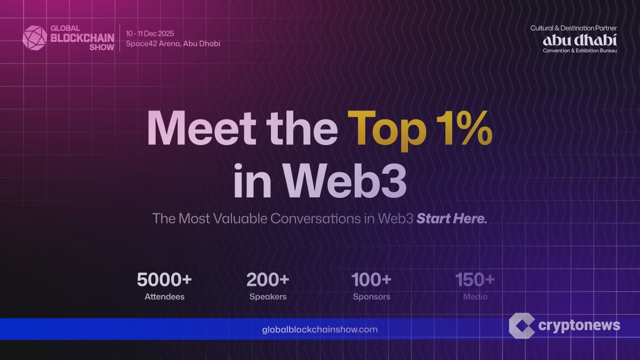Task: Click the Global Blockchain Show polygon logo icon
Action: [35, 38]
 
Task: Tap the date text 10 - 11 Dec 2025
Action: [150, 34]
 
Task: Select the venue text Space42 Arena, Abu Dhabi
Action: [173, 44]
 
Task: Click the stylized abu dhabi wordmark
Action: [580, 41]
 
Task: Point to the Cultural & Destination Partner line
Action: [573, 28]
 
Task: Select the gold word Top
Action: [387, 131]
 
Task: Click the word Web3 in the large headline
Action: [345, 181]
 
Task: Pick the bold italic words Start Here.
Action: [452, 219]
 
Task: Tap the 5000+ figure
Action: [164, 279]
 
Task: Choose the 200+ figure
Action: [268, 279]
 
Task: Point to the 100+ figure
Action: [371, 279]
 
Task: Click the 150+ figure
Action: [475, 279]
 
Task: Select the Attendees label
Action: [164, 297]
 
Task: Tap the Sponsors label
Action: [371, 297]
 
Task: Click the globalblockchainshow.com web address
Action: [319, 330]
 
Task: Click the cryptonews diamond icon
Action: [522, 326]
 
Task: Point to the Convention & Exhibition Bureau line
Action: [580, 51]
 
